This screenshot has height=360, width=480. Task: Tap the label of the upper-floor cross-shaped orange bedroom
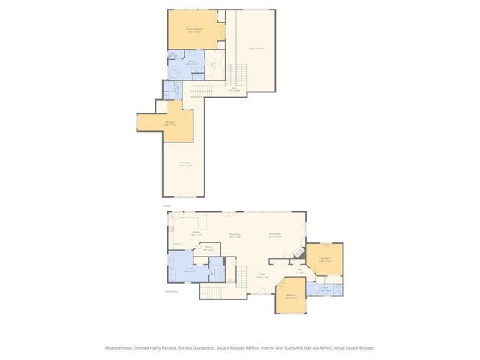coord(170,123)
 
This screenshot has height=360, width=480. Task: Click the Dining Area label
coord(235,235)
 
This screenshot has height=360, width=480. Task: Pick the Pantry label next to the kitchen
coord(208,247)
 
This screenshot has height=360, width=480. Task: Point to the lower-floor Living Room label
coord(275,235)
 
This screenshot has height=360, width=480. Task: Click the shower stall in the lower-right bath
coord(337,289)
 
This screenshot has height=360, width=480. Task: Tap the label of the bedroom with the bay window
coord(291,296)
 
